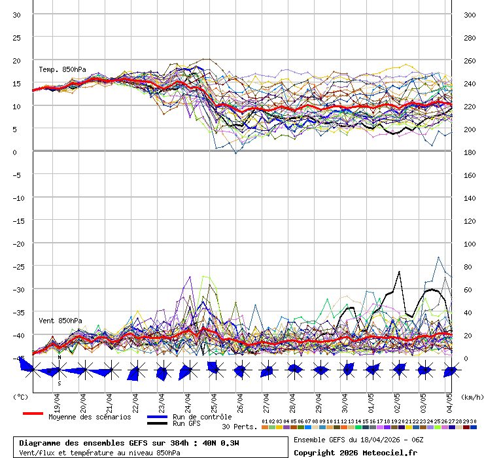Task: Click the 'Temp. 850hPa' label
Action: coord(62,69)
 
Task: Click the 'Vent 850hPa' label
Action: coord(60,321)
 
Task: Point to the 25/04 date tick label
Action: coord(214,400)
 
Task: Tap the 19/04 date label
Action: coord(58,400)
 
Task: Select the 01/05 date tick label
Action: coord(371,400)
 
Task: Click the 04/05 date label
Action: coord(449,400)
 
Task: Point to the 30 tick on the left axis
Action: coord(17,14)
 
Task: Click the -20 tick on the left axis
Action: coord(17,243)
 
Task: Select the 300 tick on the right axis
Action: coord(470,14)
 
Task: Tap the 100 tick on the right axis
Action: coord(470,243)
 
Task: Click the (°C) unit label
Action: coord(20,396)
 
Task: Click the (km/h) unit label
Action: coord(471,396)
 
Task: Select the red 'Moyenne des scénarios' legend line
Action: coord(33,414)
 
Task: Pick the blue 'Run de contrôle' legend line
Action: coord(158,417)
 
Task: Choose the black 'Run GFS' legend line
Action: coord(158,423)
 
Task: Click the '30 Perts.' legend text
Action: coord(239,427)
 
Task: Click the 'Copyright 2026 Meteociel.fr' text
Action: coord(355,453)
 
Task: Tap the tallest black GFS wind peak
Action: coord(399,272)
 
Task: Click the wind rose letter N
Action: coord(60,357)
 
